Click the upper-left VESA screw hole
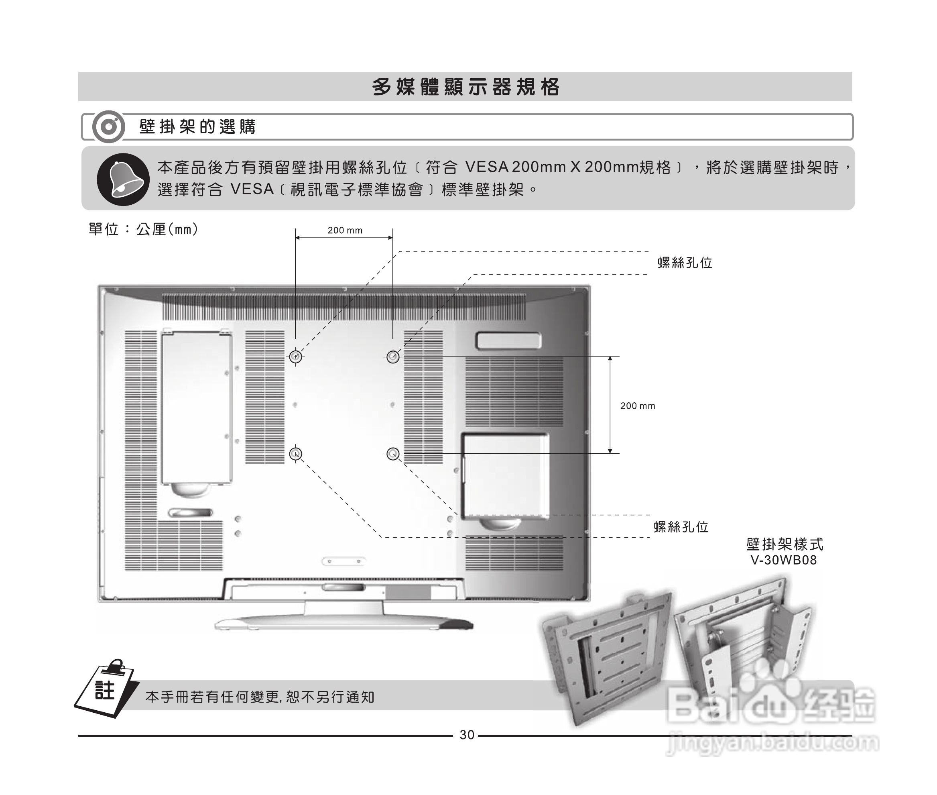pos(295,357)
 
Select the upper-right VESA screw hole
pos(393,357)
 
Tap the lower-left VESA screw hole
pos(295,453)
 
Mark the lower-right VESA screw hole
pos(393,453)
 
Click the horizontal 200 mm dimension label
pos(345,230)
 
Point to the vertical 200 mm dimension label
pos(637,406)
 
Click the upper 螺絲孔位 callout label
pos(685,263)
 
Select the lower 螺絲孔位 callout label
pos(681,526)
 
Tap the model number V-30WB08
pos(783,560)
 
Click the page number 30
pos(467,735)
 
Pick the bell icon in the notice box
pos(123,179)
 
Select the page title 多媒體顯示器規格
pos(466,87)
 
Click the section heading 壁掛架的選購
pos(197,126)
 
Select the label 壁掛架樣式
pos(784,544)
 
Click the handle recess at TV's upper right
pos(508,341)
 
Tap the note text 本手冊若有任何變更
pos(260,697)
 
